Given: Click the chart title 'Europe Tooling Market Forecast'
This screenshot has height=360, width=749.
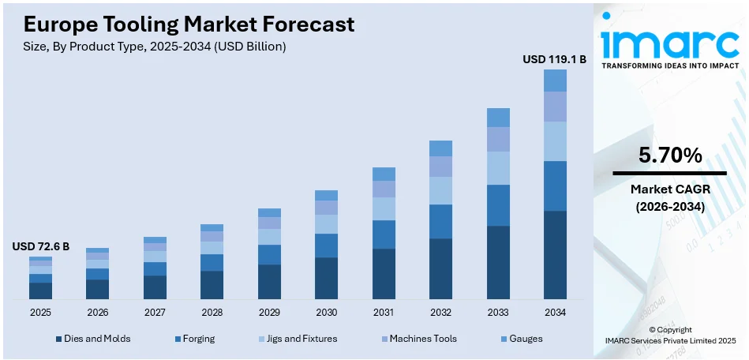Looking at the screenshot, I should pos(183,24).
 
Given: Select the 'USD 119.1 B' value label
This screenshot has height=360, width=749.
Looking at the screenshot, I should pos(554,58).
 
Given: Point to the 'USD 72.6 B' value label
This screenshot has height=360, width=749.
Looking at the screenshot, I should pos(41,246).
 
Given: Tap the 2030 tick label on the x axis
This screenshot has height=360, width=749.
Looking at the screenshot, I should pos(326,312).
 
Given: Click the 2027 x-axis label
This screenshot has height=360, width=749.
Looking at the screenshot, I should pos(155,312).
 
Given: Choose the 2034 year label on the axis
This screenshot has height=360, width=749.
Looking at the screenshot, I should pos(555,312).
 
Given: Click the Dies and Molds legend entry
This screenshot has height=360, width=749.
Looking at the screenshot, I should pos(93,339).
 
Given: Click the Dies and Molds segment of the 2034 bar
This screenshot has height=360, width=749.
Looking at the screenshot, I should pos(555,255).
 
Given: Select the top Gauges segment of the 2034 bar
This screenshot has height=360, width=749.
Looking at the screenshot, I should pos(555,81).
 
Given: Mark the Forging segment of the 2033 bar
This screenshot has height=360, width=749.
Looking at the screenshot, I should pos(498,205).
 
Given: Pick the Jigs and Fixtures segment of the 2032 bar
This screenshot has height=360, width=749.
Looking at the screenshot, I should pos(440,190).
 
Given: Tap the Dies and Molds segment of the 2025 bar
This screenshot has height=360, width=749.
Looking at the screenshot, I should pos(41,291).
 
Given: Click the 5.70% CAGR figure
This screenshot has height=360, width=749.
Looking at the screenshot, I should pos(669,156).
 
